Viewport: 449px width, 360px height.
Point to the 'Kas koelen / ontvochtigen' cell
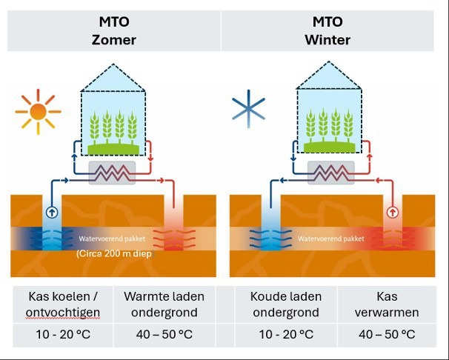point(59,304)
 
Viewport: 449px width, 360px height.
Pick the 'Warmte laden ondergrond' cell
point(164,304)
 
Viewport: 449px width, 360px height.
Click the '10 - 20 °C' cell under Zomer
point(59,334)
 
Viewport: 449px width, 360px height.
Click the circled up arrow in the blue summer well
point(52,211)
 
